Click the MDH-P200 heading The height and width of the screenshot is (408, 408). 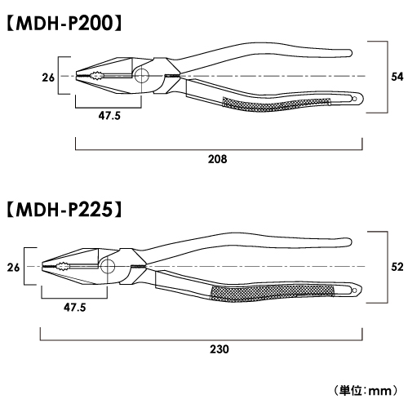(x=64, y=23)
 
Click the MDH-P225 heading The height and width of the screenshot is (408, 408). (x=64, y=210)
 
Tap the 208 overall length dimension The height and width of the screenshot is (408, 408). (x=217, y=159)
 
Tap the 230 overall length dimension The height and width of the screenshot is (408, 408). (x=220, y=349)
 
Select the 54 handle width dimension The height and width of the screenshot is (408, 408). (x=397, y=77)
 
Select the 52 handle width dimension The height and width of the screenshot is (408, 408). (x=397, y=267)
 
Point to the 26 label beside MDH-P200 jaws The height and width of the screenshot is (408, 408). (x=48, y=78)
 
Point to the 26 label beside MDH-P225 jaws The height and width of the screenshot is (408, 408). (x=13, y=268)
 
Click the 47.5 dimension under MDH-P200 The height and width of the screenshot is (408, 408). (x=109, y=116)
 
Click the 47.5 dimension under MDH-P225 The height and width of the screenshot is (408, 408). (x=75, y=308)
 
